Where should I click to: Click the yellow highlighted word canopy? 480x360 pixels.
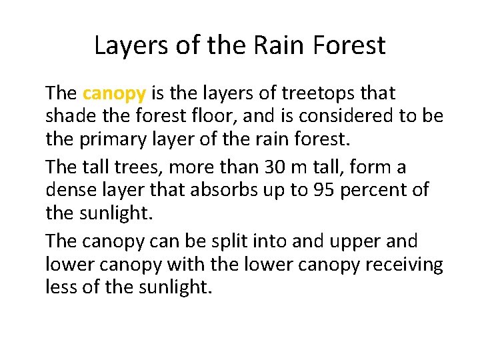pos(114,93)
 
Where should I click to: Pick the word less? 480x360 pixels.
pos(61,288)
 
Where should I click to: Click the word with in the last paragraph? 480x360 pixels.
pos(186,265)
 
